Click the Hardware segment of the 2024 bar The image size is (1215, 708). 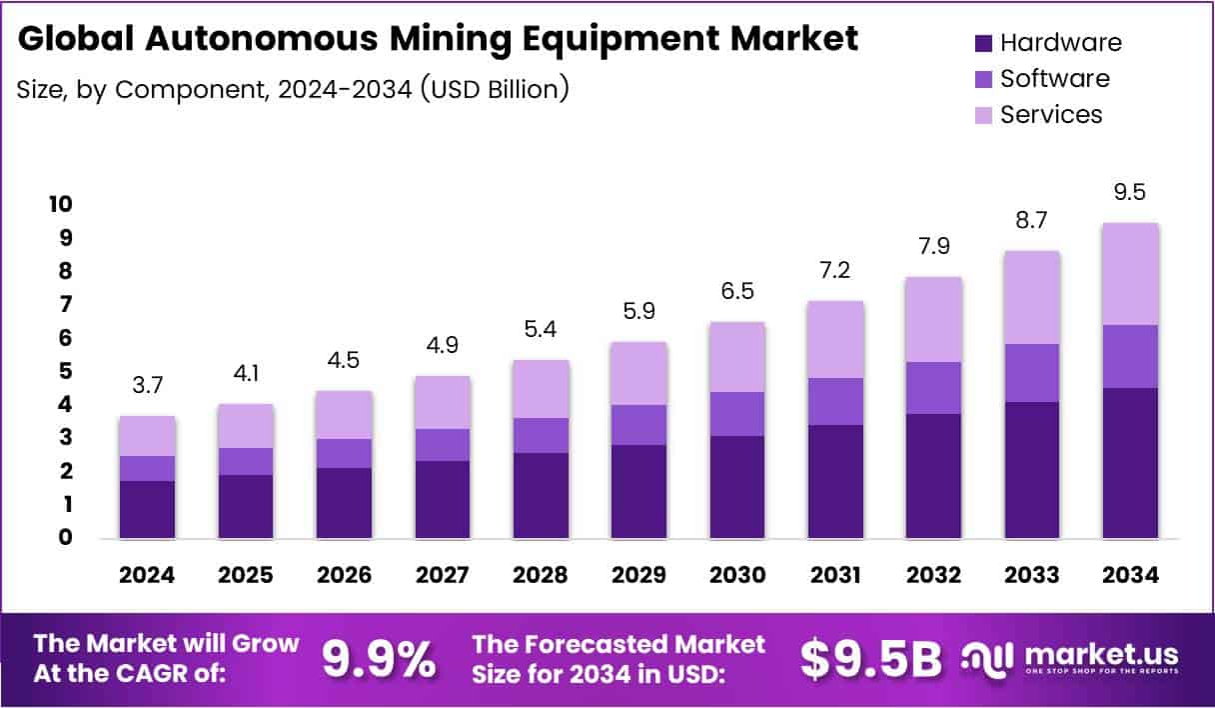coord(148,509)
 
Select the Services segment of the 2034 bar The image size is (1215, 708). coord(1130,274)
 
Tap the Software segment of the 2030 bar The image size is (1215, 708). coord(737,414)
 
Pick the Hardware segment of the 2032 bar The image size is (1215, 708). coord(933,476)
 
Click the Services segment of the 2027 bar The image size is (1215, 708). coord(443,402)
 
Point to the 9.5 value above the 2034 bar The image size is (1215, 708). coord(1130,191)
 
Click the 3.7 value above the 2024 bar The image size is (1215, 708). coord(148,385)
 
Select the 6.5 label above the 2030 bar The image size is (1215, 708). coord(737,291)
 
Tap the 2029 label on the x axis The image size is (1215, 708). coord(638,575)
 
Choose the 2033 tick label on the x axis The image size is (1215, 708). coord(1032,575)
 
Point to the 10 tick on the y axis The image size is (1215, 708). coord(59,205)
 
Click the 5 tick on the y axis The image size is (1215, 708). coord(64,371)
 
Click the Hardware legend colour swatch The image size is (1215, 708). coord(983,43)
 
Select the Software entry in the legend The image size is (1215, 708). coord(1054,78)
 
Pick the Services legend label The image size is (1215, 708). coord(1051,114)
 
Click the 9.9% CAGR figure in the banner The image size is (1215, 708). coord(379,659)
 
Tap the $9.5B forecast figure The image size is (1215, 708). coord(871,659)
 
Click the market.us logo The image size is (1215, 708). coord(1070,659)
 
